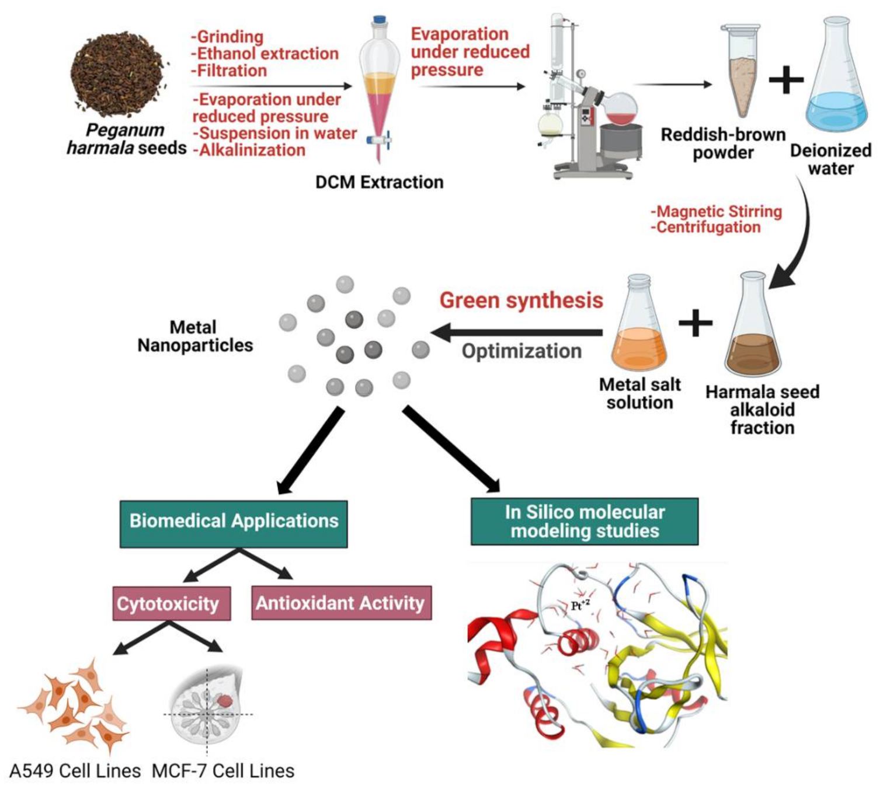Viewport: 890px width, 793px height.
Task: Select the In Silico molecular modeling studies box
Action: pos(584,521)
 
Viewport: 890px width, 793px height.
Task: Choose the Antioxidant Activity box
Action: pos(341,603)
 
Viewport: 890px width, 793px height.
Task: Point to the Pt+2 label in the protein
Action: pos(580,605)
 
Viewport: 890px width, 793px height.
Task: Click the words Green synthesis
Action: pos(521,301)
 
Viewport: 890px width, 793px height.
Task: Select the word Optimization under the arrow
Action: pos(522,351)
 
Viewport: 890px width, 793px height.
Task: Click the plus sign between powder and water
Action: pos(785,79)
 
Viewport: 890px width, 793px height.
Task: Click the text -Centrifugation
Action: pos(706,228)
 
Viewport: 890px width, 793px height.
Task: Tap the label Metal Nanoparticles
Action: pos(194,337)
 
